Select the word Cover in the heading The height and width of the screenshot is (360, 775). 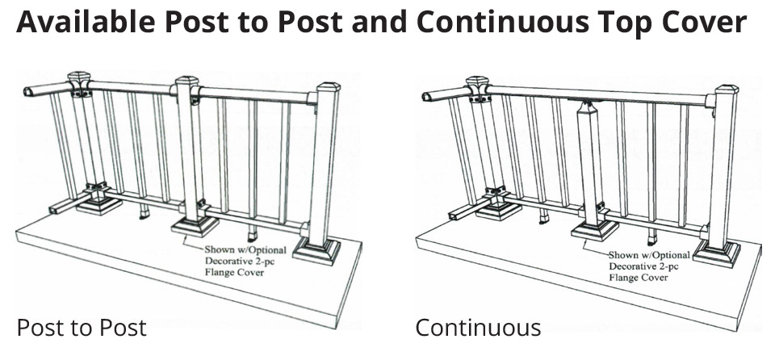pyautogui.click(x=702, y=23)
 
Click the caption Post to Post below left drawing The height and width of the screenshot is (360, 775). pyautogui.click(x=82, y=328)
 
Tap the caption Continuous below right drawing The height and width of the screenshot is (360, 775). pyautogui.click(x=478, y=328)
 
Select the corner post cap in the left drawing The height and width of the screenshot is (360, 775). pyautogui.click(x=79, y=79)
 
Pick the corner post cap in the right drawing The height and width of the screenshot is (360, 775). pyautogui.click(x=476, y=83)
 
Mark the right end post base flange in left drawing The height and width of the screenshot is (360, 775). pyautogui.click(x=316, y=249)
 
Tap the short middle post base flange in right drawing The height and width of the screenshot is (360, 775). pyautogui.click(x=595, y=231)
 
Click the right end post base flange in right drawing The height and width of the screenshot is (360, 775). pyautogui.click(x=718, y=253)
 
